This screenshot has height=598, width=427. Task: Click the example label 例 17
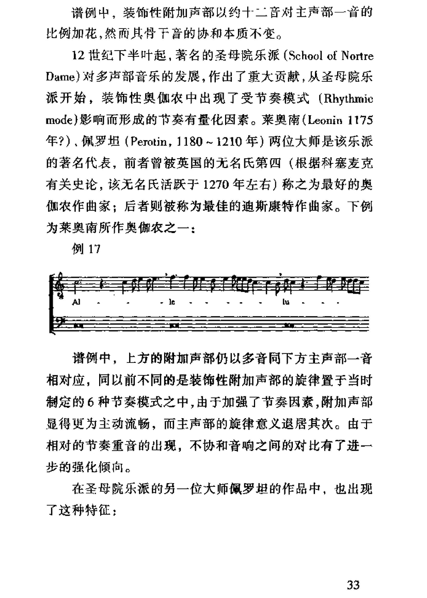coord(86,249)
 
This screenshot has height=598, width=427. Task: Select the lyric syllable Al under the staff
coord(77,300)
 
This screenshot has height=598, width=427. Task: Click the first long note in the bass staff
coord(78,326)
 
